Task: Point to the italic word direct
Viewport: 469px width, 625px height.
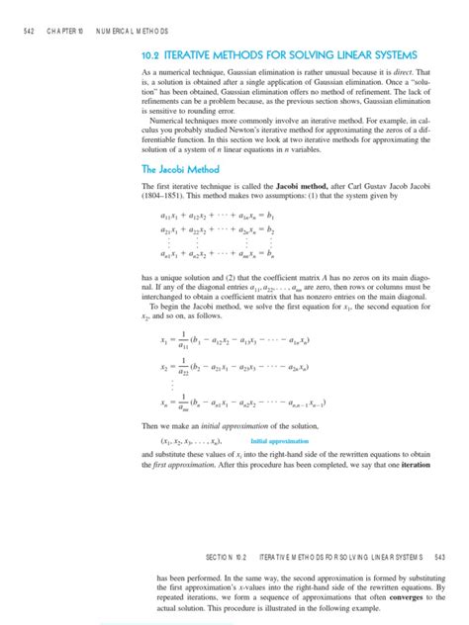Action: [x=407, y=72]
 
